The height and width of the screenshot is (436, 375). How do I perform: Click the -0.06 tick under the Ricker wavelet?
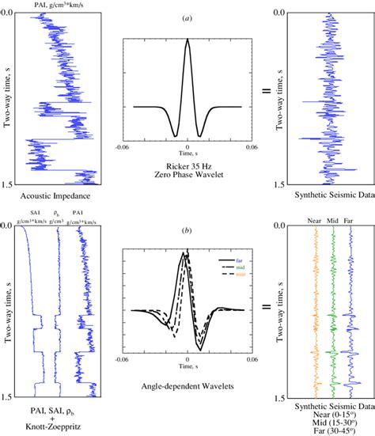tap(121, 146)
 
